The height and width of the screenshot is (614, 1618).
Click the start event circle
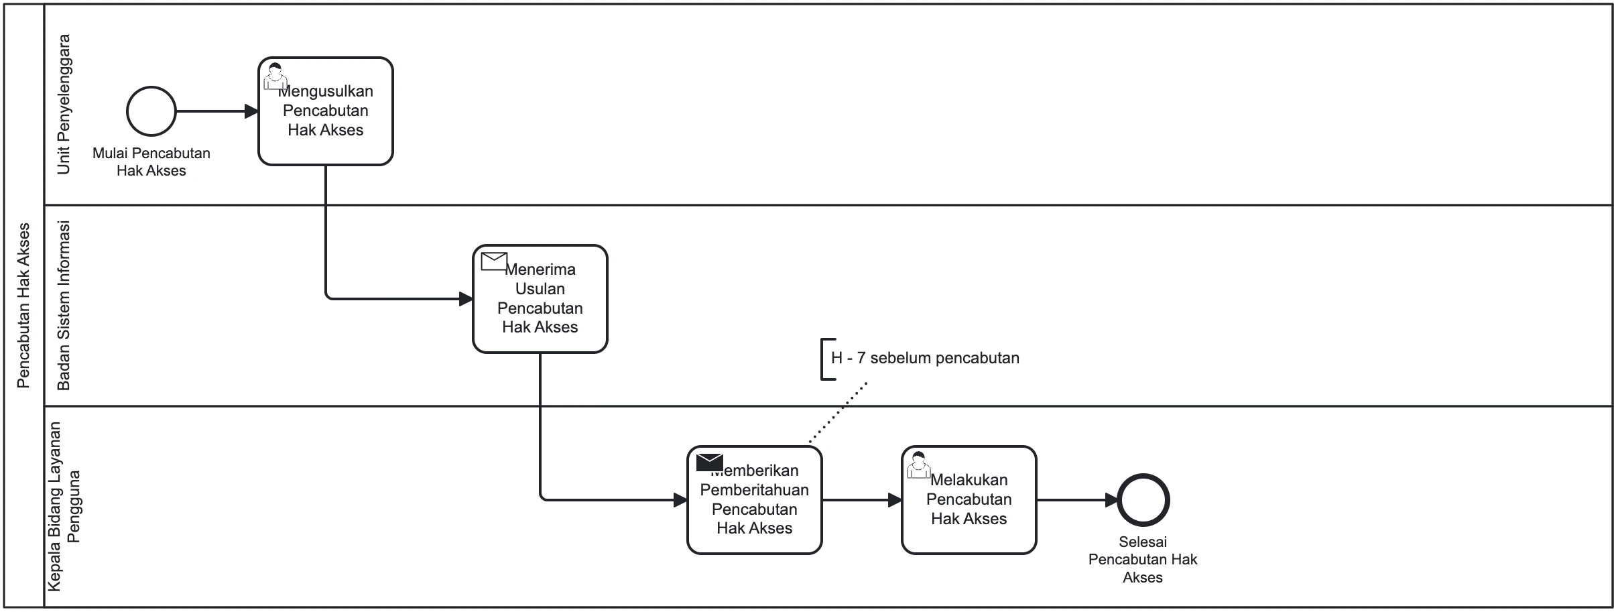click(151, 111)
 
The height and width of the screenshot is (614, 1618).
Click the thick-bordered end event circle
click(1143, 500)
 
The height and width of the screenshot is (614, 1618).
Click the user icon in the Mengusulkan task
click(274, 76)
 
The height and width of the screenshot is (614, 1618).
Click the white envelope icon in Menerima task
click(495, 261)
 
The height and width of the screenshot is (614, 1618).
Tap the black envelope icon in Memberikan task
click(709, 463)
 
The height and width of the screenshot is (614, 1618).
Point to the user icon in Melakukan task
click(918, 465)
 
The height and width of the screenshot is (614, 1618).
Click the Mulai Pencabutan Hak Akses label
click(151, 162)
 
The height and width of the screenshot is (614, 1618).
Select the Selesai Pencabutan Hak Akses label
click(1143, 559)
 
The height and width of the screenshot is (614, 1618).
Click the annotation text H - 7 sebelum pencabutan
click(925, 358)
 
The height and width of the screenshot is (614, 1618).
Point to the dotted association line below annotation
click(838, 413)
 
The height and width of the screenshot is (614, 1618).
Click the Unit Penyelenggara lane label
click(64, 105)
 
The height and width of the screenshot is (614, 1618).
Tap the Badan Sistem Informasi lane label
click(64, 306)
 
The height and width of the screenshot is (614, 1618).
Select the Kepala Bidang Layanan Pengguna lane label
click(64, 507)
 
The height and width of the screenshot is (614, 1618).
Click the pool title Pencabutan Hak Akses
click(23, 306)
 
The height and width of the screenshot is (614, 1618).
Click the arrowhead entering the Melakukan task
click(895, 500)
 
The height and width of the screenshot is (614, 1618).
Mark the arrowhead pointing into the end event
click(1111, 500)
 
